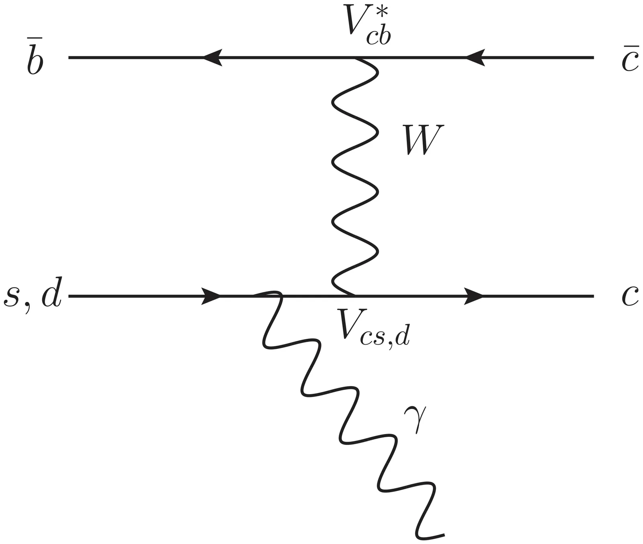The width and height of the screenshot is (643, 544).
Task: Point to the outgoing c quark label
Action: [x=630, y=296]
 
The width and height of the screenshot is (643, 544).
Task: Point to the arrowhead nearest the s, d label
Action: [x=211, y=296]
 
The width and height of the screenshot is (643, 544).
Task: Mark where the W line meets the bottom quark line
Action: [x=354, y=296]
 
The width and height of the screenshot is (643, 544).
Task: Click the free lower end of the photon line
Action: [x=444, y=534]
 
